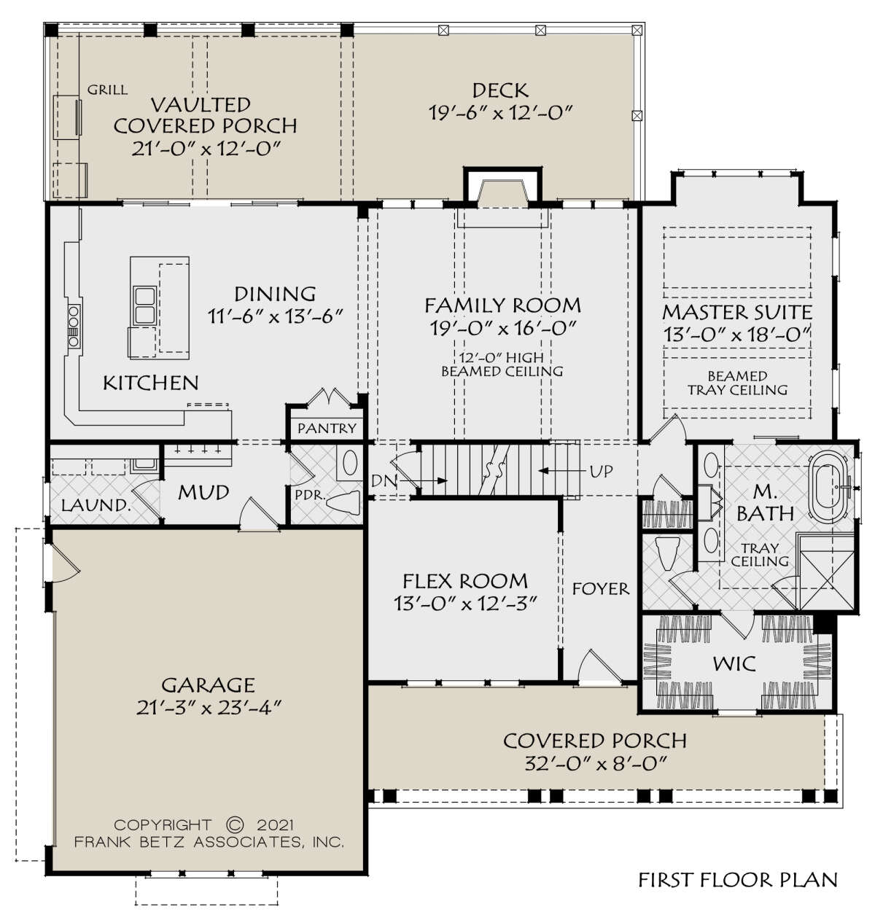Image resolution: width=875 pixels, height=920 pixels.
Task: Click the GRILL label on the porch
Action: click(x=107, y=90)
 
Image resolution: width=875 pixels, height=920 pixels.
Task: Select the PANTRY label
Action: click(x=327, y=428)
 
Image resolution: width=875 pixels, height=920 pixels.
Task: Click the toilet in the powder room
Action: click(x=343, y=502)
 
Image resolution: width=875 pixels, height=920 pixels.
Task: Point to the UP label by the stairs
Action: click(x=601, y=471)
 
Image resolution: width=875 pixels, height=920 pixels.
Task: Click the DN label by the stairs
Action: click(x=383, y=480)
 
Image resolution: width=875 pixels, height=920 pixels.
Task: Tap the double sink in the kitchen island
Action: click(x=145, y=306)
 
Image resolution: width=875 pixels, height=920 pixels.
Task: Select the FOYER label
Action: click(x=601, y=589)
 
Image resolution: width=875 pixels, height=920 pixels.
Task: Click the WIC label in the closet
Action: click(x=734, y=663)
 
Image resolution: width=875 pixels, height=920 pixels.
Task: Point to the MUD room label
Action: click(x=203, y=492)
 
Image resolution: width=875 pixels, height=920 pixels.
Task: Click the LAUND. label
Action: click(x=96, y=505)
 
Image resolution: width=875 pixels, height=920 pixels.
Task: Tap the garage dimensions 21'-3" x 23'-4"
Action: click(x=209, y=708)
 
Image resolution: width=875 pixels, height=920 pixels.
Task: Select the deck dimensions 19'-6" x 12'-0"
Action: click(x=502, y=113)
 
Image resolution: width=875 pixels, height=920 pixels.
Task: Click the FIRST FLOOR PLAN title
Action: click(x=738, y=880)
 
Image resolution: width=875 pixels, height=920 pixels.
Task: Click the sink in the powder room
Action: click(x=350, y=462)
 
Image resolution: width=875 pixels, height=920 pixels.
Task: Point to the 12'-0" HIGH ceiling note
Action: click(x=502, y=357)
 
